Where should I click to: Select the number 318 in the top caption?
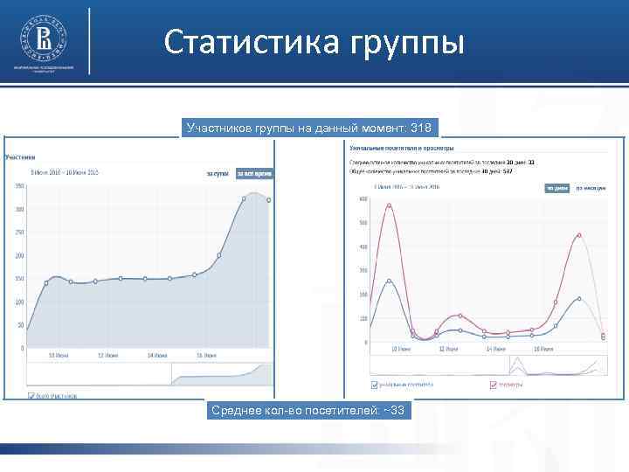[x=420, y=128]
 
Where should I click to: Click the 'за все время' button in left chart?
[x=254, y=174]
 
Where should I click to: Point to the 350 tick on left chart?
[x=18, y=186]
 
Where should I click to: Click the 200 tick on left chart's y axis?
[x=18, y=255]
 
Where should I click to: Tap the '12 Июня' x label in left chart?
[x=107, y=356]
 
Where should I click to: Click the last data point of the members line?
[x=268, y=200]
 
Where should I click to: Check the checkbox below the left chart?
[x=32, y=395]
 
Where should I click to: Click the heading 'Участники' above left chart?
[x=19, y=157]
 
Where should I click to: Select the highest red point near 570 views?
[x=389, y=206]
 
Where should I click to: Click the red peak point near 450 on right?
[x=579, y=235]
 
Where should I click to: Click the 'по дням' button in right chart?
[x=556, y=188]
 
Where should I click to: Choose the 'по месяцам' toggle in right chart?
[x=591, y=188]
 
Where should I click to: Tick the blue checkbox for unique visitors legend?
[x=374, y=384]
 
